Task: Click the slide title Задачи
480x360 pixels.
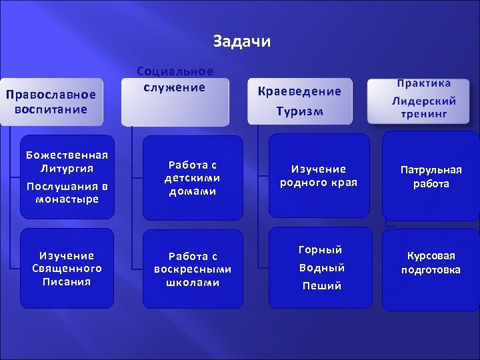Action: pyautogui.click(x=242, y=41)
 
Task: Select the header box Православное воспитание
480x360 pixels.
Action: pyautogui.click(x=51, y=101)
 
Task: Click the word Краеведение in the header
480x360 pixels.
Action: pyautogui.click(x=299, y=91)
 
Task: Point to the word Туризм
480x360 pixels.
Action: pyautogui.click(x=299, y=111)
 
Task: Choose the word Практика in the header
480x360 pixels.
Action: pyautogui.click(x=424, y=83)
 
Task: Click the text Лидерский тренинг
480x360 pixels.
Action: pyautogui.click(x=424, y=107)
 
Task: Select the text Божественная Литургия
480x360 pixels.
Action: pyautogui.click(x=67, y=161)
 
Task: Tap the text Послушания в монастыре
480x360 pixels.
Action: pyautogui.click(x=67, y=193)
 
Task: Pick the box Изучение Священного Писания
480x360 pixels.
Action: pyautogui.click(x=67, y=268)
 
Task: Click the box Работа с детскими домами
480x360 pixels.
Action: pyautogui.click(x=193, y=177)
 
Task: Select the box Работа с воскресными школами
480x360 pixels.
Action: pyautogui.click(x=193, y=269)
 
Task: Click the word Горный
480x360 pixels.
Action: pyautogui.click(x=321, y=250)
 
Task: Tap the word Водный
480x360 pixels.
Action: pyautogui.click(x=321, y=268)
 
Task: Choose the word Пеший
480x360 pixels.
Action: pyautogui.click(x=321, y=286)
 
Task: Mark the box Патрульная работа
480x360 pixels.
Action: pyautogui.click(x=431, y=177)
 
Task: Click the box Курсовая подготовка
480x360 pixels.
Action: pyautogui.click(x=431, y=263)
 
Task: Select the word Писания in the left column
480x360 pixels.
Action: pyautogui.click(x=67, y=281)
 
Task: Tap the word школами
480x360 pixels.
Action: pyautogui.click(x=193, y=282)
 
